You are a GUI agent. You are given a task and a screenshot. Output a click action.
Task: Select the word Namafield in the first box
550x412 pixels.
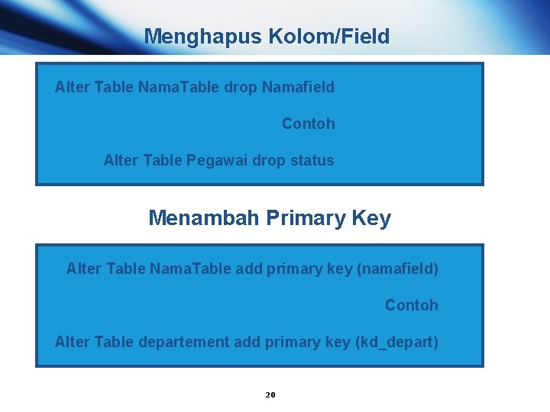tap(298, 87)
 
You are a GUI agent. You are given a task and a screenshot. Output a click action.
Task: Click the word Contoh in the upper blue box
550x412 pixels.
tap(309, 124)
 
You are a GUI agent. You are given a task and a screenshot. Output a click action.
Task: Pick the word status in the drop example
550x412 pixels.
tap(312, 160)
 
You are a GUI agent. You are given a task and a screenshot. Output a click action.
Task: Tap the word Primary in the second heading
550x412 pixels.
tap(306, 218)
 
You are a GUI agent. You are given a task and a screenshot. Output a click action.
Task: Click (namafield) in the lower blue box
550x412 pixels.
tap(397, 269)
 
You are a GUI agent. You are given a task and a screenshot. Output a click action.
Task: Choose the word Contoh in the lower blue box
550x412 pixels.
tap(412, 305)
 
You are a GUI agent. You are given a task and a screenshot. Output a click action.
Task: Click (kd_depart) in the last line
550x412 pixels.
tap(397, 342)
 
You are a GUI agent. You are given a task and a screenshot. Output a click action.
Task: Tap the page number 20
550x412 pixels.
tap(270, 394)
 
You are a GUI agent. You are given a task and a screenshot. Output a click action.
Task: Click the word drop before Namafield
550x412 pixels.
tap(241, 87)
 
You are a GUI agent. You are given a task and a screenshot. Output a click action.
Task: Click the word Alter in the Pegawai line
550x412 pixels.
tap(121, 160)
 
